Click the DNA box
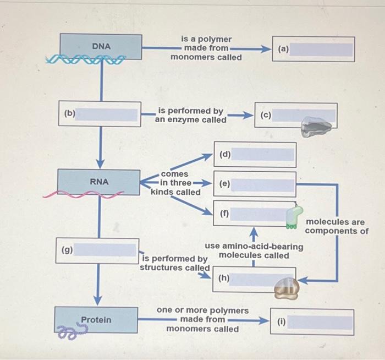101,46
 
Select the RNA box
100,181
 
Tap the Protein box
96,320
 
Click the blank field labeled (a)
321,49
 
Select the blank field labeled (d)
263,155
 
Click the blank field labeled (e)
263,185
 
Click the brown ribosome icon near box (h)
287,287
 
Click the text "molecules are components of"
337,226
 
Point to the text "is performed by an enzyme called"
190,115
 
